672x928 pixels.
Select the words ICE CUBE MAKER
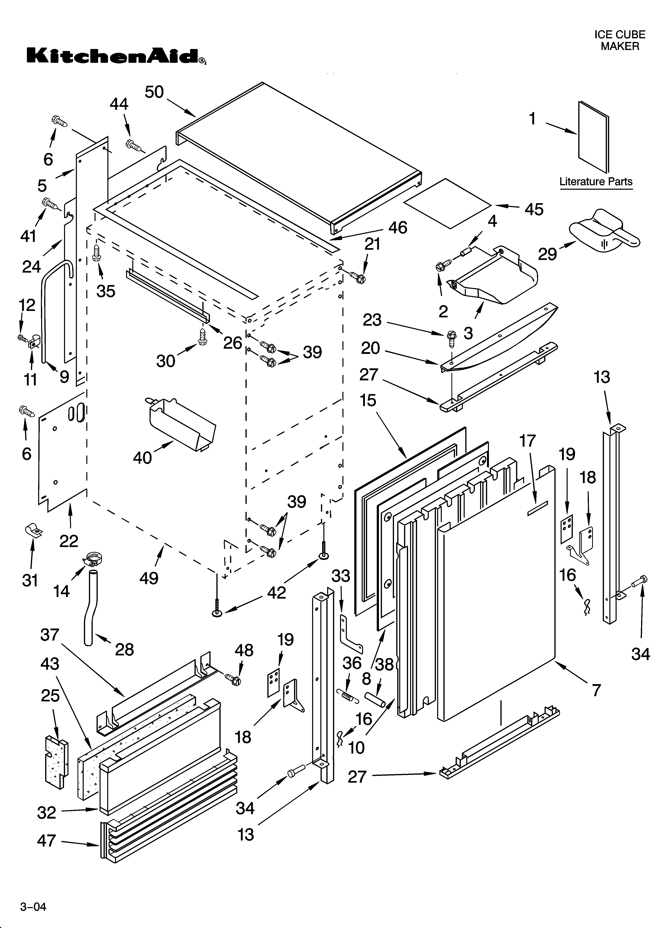coord(620,41)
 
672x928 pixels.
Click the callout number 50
coord(154,92)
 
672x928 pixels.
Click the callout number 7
coord(596,690)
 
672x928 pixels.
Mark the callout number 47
coord(46,840)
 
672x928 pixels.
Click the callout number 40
coord(142,457)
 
